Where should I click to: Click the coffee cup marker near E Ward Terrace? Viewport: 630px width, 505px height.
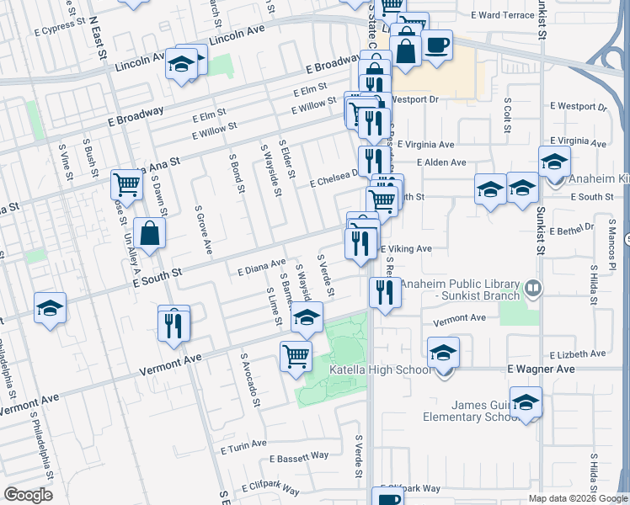[436, 45]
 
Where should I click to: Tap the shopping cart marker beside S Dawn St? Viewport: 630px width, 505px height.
[126, 183]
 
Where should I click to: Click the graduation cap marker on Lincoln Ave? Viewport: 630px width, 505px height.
[181, 64]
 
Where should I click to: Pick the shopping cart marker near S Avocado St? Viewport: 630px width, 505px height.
[296, 356]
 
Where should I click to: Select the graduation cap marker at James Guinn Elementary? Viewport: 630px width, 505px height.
[526, 402]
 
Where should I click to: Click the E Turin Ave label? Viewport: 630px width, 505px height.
[244, 444]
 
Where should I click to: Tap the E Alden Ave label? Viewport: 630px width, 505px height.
[441, 162]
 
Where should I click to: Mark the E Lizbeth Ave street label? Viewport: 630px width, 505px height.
[579, 356]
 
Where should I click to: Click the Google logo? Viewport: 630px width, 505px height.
[29, 495]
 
